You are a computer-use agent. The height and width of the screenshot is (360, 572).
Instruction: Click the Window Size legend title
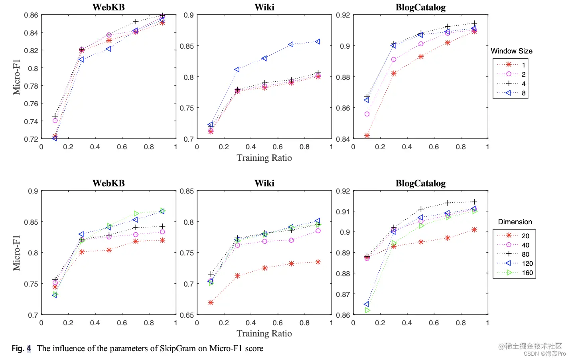click(x=511, y=51)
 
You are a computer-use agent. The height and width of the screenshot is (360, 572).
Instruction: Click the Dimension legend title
click(x=515, y=222)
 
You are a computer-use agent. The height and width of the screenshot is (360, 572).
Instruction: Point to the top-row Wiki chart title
click(x=264, y=7)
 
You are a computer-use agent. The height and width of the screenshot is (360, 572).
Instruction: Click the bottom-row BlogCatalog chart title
click(x=420, y=183)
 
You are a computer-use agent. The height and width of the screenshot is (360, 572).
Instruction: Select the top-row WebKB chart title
click(x=108, y=7)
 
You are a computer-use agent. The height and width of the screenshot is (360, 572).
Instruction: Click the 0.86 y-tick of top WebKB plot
click(x=31, y=15)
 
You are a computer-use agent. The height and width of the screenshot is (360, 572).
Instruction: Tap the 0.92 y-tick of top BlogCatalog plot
click(x=343, y=15)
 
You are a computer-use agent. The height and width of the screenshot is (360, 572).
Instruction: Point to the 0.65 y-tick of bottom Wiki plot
click(x=187, y=315)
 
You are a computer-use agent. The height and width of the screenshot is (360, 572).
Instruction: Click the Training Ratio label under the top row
click(x=264, y=158)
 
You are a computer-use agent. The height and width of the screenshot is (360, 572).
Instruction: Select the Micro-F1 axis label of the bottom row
click(x=16, y=253)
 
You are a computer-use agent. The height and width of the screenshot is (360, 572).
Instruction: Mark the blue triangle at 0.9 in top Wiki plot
click(x=318, y=42)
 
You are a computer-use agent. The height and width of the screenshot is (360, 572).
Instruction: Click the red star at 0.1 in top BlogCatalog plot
click(x=367, y=136)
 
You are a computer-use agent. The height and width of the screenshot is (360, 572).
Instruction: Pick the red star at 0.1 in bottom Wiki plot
click(x=211, y=303)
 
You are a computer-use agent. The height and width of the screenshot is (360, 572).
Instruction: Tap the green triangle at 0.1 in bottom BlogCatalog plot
click(x=367, y=310)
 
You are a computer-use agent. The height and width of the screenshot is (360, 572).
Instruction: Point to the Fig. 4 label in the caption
click(x=21, y=348)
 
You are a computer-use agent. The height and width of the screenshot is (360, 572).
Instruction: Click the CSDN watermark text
click(x=544, y=354)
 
